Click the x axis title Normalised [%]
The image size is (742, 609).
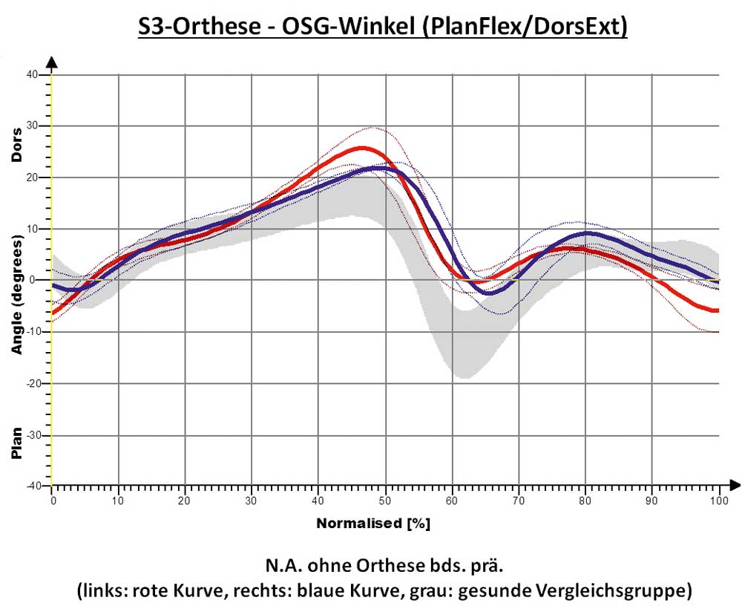(x=373, y=524)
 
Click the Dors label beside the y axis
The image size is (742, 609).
(x=16, y=146)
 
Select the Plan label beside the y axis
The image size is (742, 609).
(x=16, y=443)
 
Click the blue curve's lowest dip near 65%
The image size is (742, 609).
(x=487, y=293)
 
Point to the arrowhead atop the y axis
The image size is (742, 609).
(x=52, y=62)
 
